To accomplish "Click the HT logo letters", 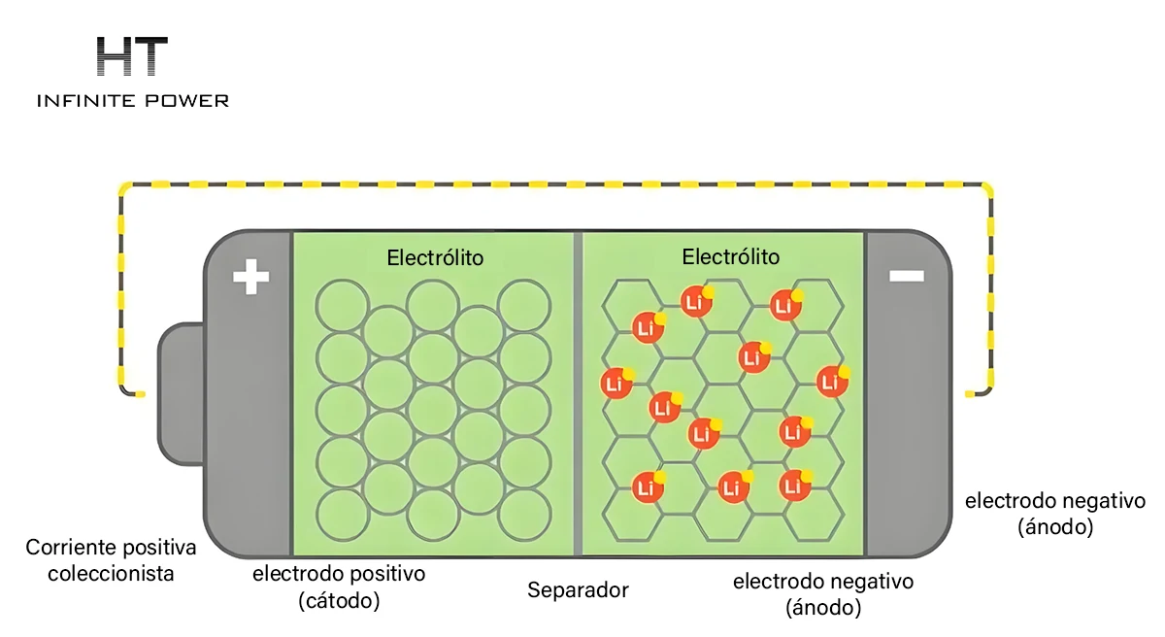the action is pyautogui.click(x=132, y=56).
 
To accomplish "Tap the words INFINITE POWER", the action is pyautogui.click(x=133, y=101).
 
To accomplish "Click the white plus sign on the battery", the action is pyautogui.click(x=251, y=277).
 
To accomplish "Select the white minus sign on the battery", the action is pyautogui.click(x=907, y=276).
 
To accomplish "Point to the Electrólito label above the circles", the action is pyautogui.click(x=435, y=258).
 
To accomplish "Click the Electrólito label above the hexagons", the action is pyautogui.click(x=731, y=257).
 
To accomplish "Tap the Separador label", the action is pyautogui.click(x=578, y=590).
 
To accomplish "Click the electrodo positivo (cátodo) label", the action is pyautogui.click(x=339, y=587).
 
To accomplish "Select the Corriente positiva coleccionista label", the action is pyautogui.click(x=111, y=560).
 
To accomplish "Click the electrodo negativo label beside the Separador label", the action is pyautogui.click(x=823, y=594).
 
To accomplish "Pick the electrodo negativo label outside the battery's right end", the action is pyautogui.click(x=1055, y=514).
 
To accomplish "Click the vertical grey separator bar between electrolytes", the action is pyautogui.click(x=578, y=393).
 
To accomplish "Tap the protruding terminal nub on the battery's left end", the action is pyautogui.click(x=181, y=393).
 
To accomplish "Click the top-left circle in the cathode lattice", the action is pyautogui.click(x=342, y=306).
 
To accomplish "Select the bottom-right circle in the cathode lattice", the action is pyautogui.click(x=524, y=515).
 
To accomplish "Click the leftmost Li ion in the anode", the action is pyautogui.click(x=616, y=384).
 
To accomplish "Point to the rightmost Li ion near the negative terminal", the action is pyautogui.click(x=833, y=382).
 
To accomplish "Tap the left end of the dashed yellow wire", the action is pyautogui.click(x=142, y=394).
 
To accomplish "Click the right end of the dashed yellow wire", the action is pyautogui.click(x=969, y=394).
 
